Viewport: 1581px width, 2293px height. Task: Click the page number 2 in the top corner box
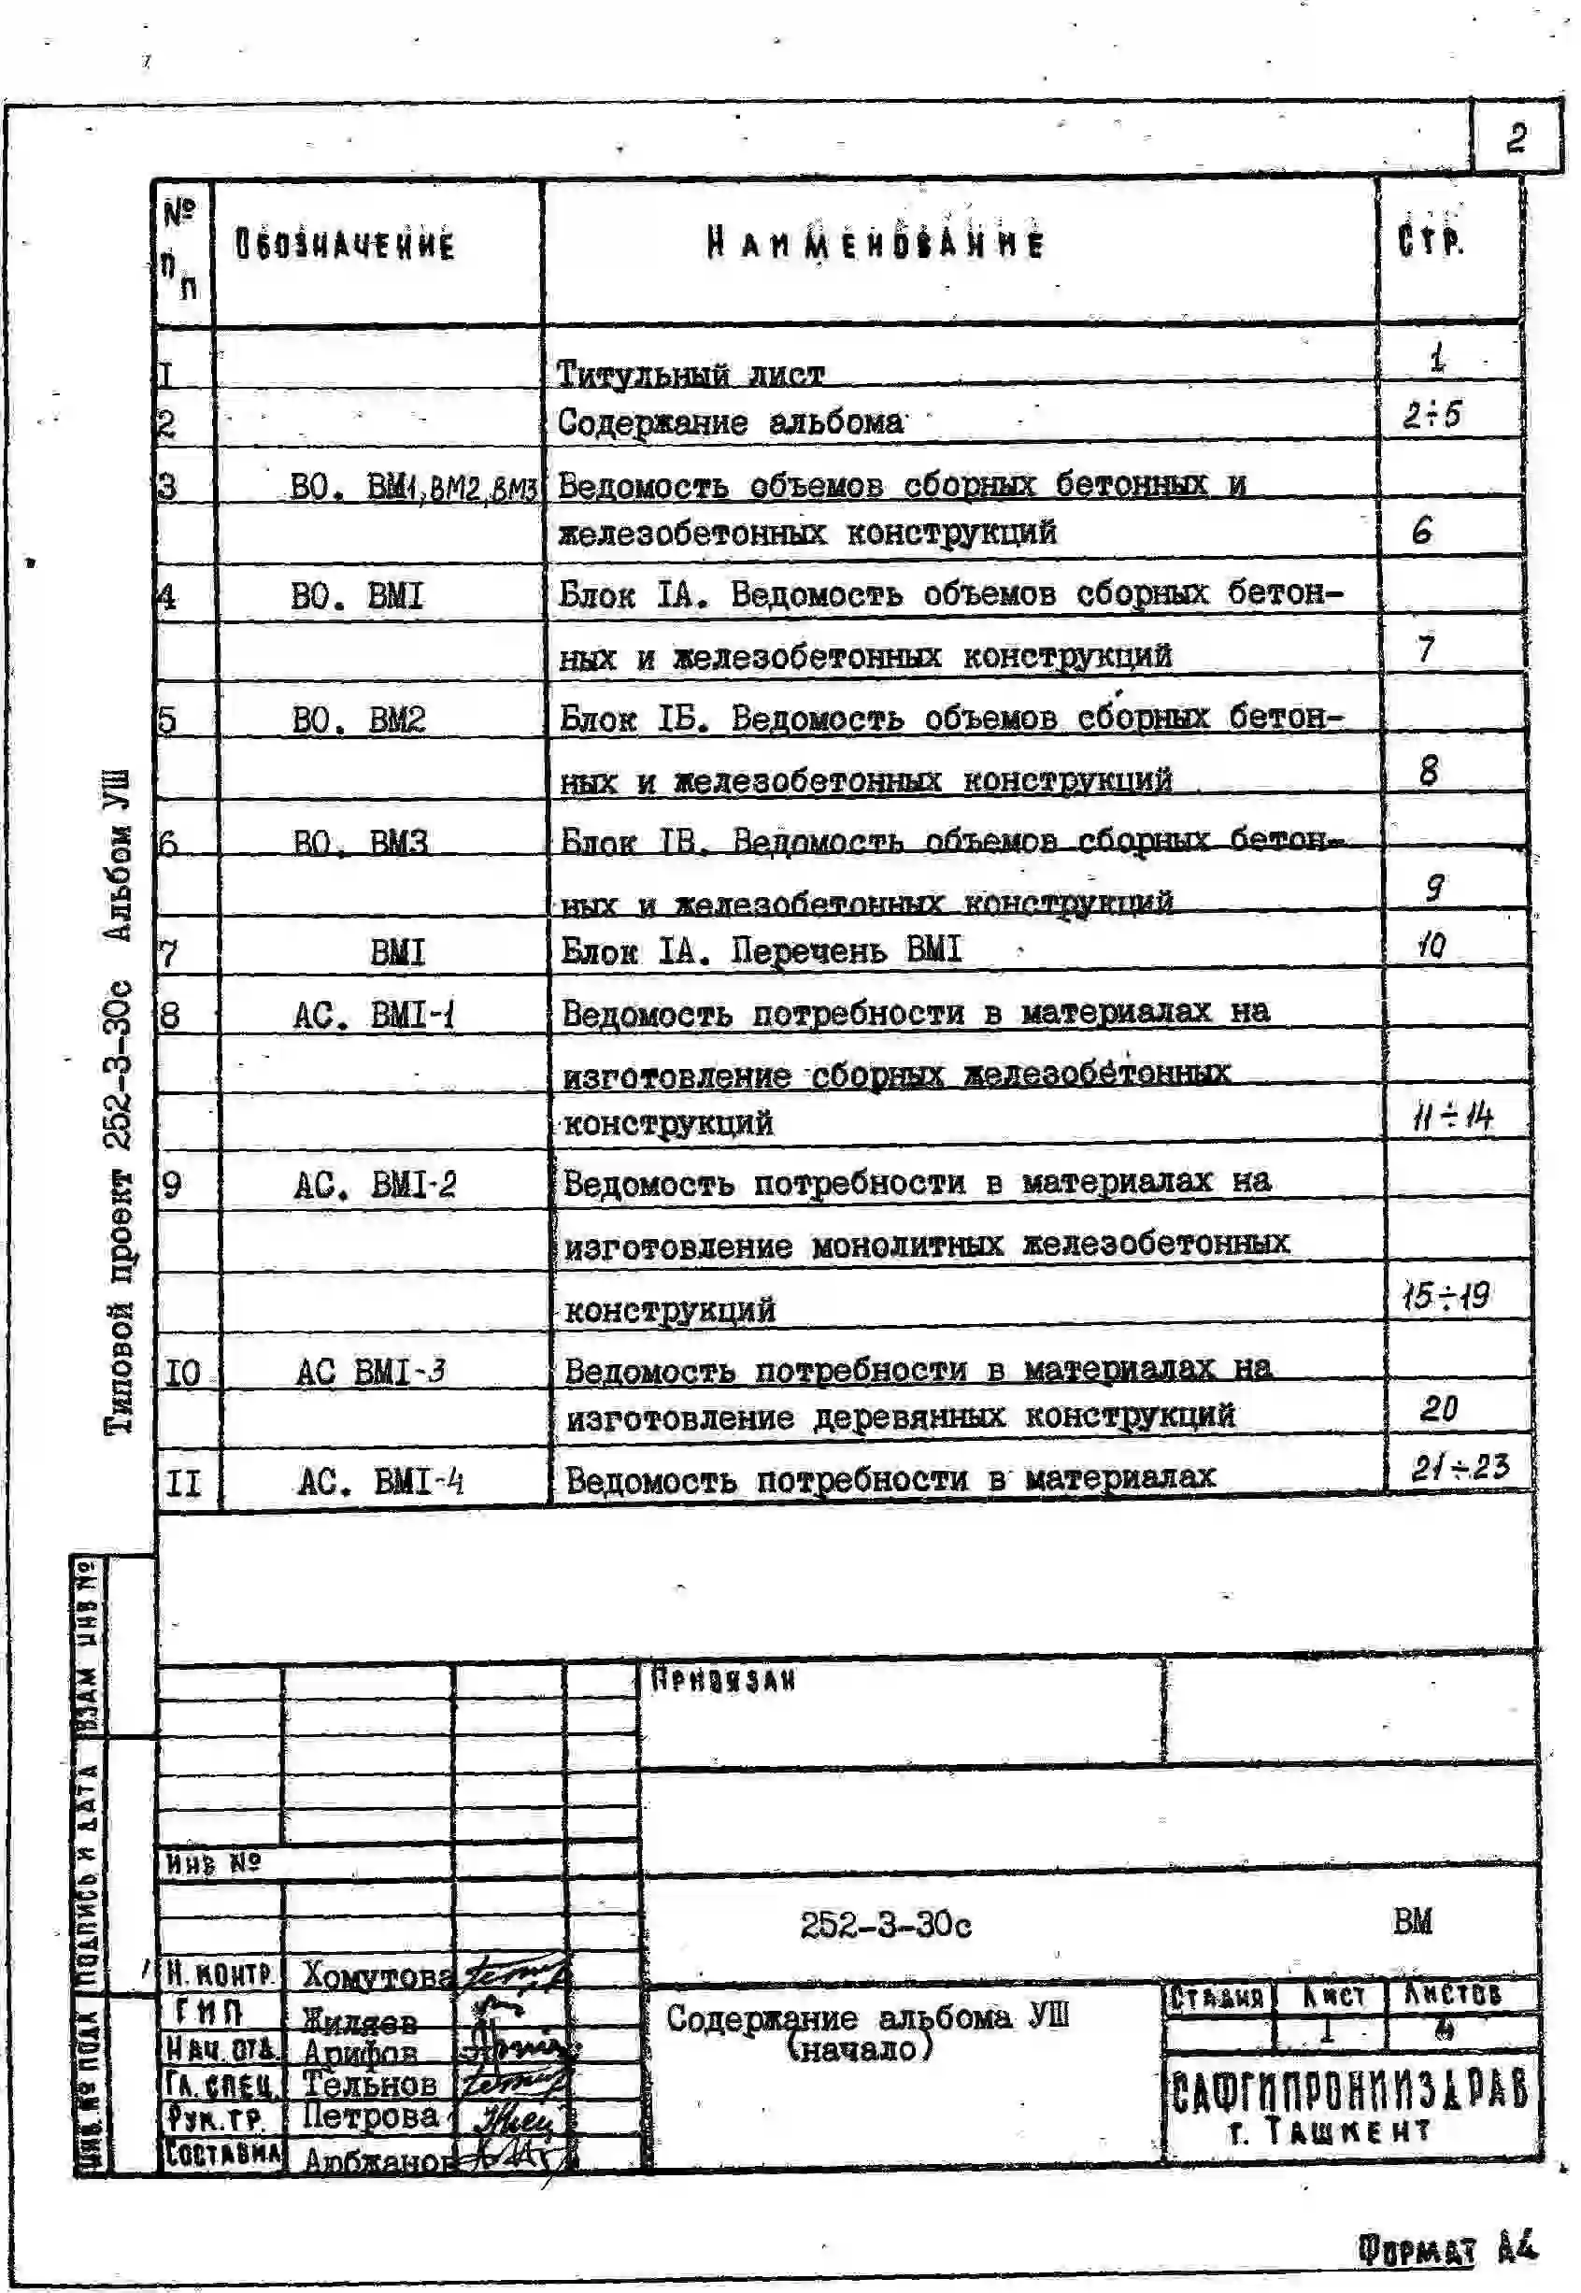(x=1515, y=137)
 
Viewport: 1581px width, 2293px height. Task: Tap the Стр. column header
(x=1431, y=241)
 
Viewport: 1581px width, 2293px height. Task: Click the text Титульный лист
(x=690, y=375)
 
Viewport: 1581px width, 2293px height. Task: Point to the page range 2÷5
(x=1431, y=415)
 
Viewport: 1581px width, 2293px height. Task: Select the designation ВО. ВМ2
(x=358, y=719)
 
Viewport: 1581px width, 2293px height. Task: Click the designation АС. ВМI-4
(x=380, y=1483)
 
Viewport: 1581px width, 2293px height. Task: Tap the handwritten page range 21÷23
(x=1460, y=1467)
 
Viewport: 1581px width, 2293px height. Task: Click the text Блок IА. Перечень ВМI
(x=761, y=951)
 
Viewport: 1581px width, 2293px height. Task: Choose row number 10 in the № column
(x=183, y=1373)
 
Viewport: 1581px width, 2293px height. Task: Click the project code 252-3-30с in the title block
(x=885, y=1925)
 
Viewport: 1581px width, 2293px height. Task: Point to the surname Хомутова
(x=377, y=1976)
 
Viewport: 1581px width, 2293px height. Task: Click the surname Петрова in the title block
(x=369, y=2115)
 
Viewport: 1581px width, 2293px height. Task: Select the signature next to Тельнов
(x=513, y=2083)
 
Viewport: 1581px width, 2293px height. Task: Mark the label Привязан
(x=723, y=1681)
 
